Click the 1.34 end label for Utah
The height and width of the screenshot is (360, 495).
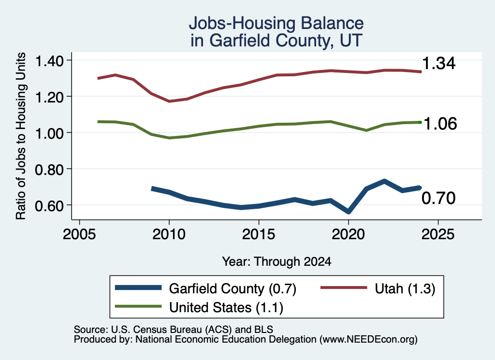438,63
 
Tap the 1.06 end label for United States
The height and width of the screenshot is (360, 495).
440,124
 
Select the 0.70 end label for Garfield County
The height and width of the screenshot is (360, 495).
438,198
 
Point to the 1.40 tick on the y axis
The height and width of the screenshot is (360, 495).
49,61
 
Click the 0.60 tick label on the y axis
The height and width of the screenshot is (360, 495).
49,206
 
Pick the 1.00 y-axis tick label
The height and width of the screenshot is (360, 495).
49,133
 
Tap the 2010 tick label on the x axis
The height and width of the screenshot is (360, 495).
169,234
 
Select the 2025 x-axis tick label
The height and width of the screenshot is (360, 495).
438,234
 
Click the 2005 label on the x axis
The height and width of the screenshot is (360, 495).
79,234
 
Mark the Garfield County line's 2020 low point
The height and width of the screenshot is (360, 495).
348,212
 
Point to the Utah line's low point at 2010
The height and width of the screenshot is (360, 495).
169,101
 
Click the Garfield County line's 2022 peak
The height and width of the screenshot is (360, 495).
384,181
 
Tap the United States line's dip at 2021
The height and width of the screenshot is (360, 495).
366,130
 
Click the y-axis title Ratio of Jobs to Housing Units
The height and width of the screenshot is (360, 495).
21,136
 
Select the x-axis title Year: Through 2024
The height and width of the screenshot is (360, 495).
277,261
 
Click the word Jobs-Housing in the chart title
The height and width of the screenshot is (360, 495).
242,23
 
